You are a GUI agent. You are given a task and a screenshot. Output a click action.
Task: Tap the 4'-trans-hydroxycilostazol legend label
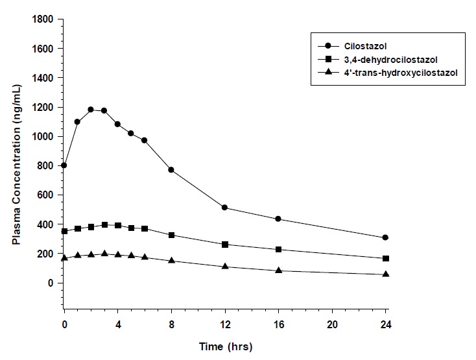[x=394, y=73]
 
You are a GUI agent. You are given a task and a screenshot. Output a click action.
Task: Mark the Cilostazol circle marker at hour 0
[x=64, y=165]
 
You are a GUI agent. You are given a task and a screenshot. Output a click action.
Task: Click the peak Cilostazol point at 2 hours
[x=91, y=110]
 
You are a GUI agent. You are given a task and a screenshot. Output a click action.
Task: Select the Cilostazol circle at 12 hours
[x=224, y=208]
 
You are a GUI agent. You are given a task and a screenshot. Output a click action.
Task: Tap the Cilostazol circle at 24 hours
[x=385, y=237]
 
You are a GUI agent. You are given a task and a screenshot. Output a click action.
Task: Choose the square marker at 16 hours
[x=278, y=249]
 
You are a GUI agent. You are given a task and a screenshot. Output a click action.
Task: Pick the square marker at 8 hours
[x=171, y=235]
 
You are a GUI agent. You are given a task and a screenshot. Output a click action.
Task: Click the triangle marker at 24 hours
[x=385, y=274]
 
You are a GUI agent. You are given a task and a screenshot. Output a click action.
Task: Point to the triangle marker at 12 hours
[x=224, y=267]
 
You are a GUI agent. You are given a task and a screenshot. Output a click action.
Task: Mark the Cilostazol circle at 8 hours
[x=171, y=170]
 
